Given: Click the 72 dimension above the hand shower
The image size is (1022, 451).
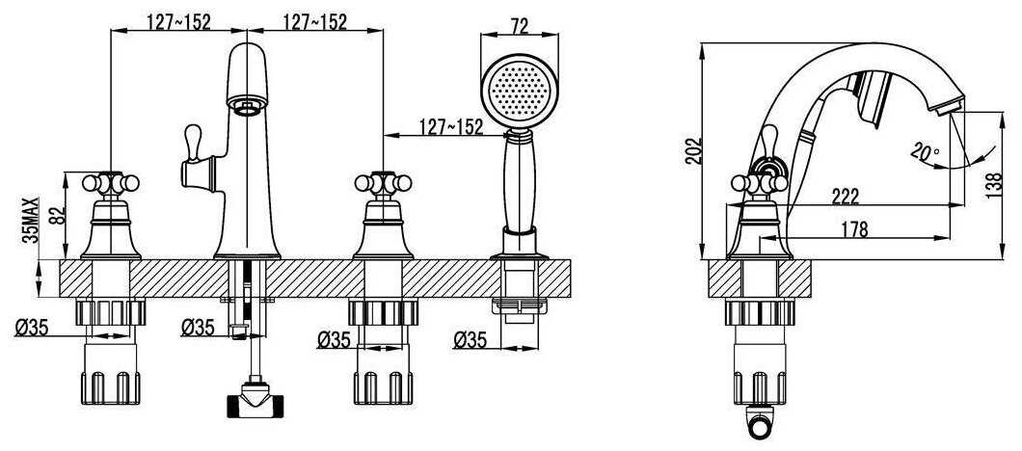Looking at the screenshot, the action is [520, 25].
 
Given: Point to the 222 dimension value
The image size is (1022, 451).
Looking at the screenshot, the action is [845, 196].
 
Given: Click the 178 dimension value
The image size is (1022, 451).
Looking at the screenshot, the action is [853, 229].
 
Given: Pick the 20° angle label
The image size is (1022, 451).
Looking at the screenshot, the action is [925, 153].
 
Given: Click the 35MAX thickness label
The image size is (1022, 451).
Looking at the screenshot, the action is [31, 220].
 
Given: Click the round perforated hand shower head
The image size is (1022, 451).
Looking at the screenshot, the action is [520, 91].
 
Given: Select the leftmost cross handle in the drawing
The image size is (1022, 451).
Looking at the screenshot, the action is [111, 184].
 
